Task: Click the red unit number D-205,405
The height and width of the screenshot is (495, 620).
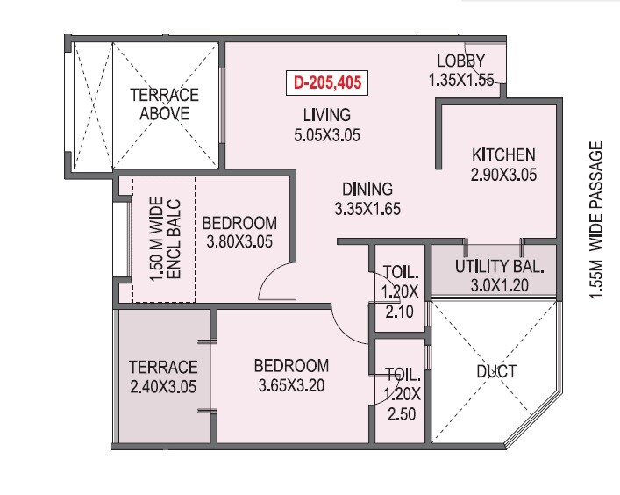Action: click(325, 84)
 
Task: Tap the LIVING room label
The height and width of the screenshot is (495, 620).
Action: click(327, 115)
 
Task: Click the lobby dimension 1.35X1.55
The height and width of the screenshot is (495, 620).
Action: click(461, 80)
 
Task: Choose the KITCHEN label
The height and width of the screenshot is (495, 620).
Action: click(502, 155)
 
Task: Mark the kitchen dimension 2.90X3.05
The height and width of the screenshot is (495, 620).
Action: click(502, 174)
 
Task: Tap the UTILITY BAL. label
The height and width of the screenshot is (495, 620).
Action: click(500, 266)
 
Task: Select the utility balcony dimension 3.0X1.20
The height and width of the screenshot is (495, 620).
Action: click(500, 285)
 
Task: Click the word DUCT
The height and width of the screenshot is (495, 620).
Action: click(495, 371)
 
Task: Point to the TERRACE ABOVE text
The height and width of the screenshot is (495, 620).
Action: click(164, 104)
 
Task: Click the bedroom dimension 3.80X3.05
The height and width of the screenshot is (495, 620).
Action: click(239, 241)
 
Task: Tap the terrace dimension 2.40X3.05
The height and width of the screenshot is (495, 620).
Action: click(163, 385)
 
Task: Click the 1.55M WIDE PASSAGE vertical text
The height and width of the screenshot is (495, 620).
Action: click(597, 222)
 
